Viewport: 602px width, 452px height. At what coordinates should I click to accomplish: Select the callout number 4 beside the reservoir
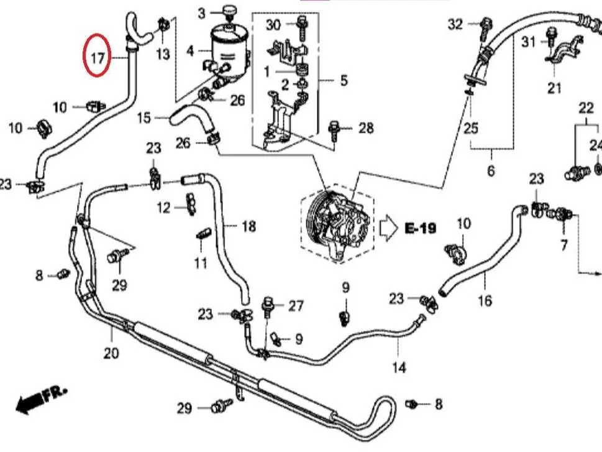(190, 51)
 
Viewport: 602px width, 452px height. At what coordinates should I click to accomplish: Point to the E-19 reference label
(421, 228)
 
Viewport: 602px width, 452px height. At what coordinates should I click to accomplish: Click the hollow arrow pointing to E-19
(389, 229)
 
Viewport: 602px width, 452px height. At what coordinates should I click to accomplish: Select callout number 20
(111, 353)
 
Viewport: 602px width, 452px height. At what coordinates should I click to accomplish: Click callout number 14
(399, 367)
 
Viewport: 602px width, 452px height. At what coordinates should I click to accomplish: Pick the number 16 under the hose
(485, 300)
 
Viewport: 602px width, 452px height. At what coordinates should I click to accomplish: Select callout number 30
(273, 25)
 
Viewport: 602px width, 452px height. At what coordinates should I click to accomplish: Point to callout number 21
(554, 88)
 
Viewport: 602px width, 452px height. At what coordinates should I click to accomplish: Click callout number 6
(491, 170)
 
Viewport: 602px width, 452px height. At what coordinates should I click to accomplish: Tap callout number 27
(296, 306)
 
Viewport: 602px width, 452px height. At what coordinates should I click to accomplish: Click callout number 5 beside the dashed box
(344, 80)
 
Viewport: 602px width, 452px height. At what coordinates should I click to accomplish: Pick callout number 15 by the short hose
(144, 118)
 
